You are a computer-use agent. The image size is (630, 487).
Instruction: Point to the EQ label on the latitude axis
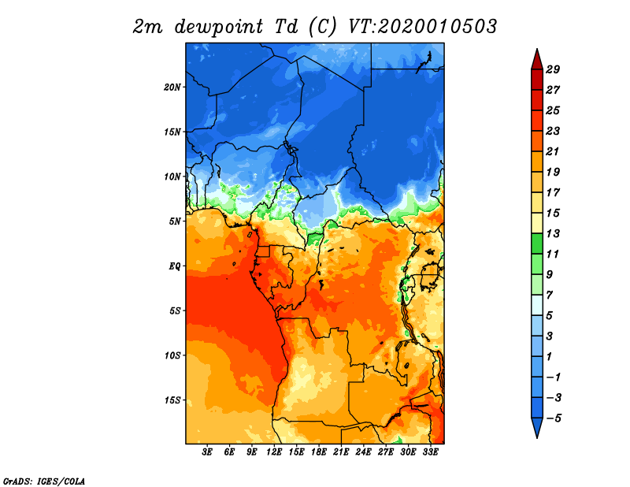coord(175,266)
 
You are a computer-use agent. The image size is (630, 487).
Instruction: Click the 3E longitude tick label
coord(208,452)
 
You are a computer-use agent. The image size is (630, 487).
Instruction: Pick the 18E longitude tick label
coord(319,452)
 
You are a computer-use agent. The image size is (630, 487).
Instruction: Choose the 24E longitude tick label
coord(364,452)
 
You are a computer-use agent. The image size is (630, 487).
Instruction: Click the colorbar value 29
coord(563,69)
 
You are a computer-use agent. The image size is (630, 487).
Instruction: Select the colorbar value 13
coord(563,233)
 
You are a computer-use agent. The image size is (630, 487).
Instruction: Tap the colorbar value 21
coord(563,151)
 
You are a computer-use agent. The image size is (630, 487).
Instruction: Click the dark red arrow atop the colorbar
coord(535,59)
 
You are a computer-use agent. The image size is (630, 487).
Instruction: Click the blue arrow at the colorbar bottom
coord(535,428)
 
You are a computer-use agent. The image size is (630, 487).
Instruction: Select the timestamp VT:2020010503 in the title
coord(422,26)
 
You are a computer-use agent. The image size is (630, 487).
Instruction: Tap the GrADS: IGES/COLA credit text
coord(43,480)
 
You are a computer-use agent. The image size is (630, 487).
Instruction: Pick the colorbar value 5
coord(563,315)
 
